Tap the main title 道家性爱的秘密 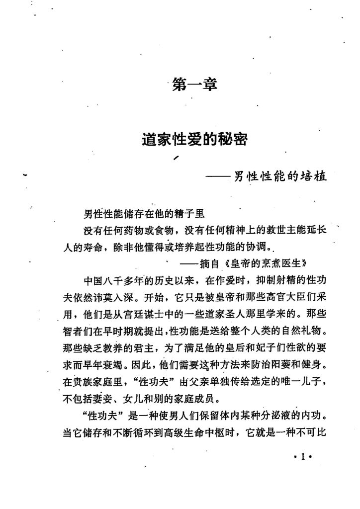194,141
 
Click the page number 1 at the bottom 302,457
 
